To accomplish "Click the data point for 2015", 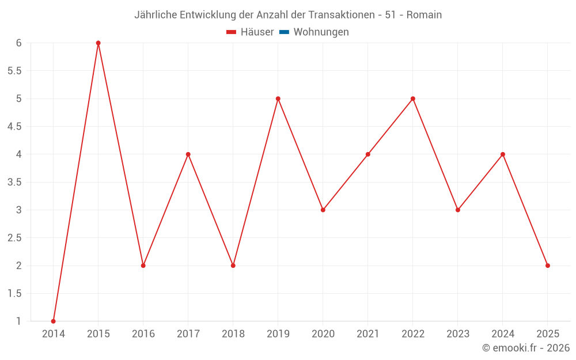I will point(98,43).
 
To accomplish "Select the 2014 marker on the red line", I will point(54,321).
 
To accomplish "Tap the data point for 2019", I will point(278,98).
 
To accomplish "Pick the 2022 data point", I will point(413,98).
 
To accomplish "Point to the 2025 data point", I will point(548,266).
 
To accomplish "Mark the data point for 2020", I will point(323,210).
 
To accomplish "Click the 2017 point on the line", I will point(188,154).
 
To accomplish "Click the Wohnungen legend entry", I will point(321,32).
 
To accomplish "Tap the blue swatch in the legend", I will point(284,32).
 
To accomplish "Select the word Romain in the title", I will point(424,15).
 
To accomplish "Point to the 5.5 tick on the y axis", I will point(14,71).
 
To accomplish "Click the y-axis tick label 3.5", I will point(14,182).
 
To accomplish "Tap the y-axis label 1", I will point(18,321).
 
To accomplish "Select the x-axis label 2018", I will point(233,334).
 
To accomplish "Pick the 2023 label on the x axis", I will point(458,334).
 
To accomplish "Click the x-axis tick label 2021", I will point(368,334).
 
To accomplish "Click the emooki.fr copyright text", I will point(525,348).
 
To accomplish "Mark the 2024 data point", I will point(503,154).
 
